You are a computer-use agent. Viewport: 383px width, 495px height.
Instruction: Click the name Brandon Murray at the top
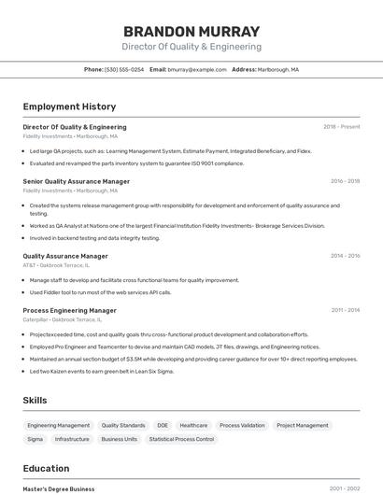(x=191, y=31)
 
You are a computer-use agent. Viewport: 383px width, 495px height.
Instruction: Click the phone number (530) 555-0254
(x=124, y=69)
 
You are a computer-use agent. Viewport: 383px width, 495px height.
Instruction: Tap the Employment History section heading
(x=69, y=106)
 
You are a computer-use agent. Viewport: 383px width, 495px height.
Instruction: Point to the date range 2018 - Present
(x=342, y=127)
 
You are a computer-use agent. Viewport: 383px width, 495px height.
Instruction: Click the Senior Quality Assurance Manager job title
(x=76, y=181)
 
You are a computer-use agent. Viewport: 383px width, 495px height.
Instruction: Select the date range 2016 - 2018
(x=345, y=181)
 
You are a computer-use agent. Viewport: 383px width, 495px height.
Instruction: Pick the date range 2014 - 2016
(x=345, y=255)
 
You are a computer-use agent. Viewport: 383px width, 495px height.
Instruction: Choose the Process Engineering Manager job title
(x=69, y=310)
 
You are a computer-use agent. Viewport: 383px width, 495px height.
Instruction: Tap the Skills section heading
(x=35, y=400)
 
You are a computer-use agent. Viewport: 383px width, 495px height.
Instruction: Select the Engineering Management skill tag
(x=58, y=425)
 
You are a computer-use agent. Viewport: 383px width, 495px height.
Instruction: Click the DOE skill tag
(x=163, y=425)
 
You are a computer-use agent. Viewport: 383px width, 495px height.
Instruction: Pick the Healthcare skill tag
(x=193, y=425)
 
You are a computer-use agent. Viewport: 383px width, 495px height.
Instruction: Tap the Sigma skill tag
(x=35, y=439)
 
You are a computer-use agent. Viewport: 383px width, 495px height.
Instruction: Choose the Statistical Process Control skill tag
(x=181, y=439)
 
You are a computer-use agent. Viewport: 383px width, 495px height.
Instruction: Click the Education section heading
(x=46, y=468)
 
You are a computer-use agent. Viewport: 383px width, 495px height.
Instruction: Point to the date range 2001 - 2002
(x=345, y=488)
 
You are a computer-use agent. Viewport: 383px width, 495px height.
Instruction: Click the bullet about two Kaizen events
(x=102, y=371)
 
